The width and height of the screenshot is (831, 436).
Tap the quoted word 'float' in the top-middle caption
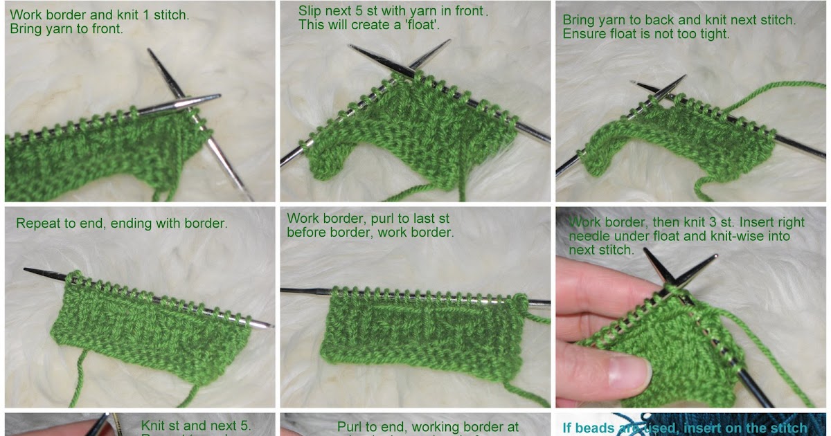click(424, 25)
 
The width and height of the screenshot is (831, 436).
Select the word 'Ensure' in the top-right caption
click(581, 34)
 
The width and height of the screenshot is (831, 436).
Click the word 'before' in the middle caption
click(305, 233)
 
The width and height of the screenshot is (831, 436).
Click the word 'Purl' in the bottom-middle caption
click(350, 427)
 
